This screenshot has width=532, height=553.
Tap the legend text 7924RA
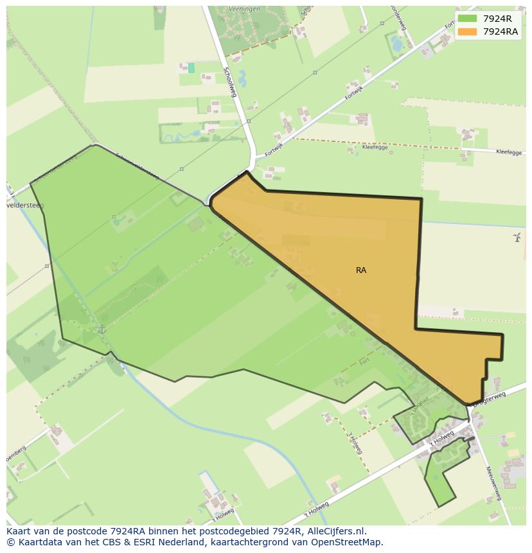(501, 31)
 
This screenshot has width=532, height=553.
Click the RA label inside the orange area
(361, 270)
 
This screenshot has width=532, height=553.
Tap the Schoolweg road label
(230, 82)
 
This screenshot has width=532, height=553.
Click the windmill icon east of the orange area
(517, 238)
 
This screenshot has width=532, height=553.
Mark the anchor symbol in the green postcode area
(102, 329)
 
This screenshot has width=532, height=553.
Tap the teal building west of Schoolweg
(191, 67)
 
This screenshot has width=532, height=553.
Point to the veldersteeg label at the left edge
(24, 207)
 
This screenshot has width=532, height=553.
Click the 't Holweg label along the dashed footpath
(354, 441)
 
